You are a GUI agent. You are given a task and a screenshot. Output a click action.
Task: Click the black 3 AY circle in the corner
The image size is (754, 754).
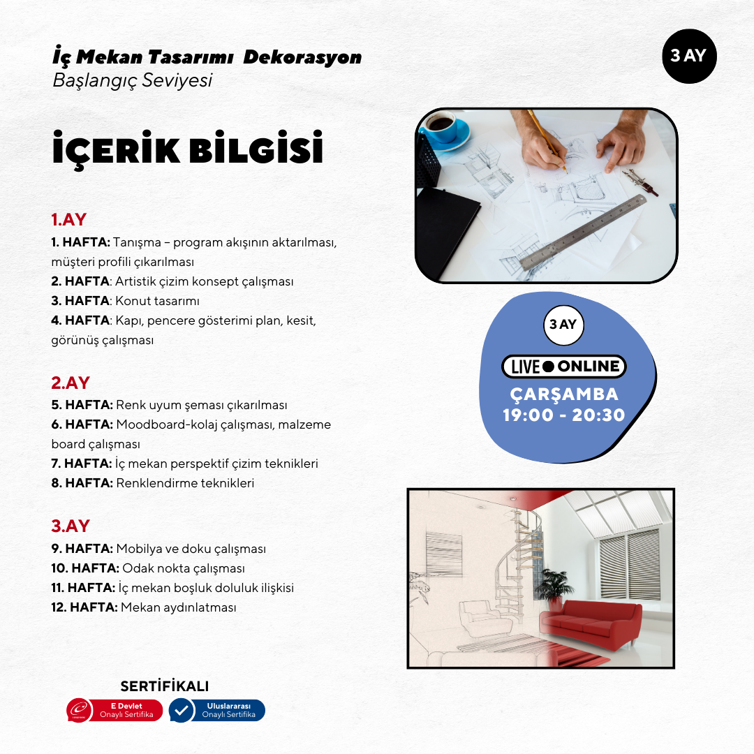pyautogui.click(x=688, y=56)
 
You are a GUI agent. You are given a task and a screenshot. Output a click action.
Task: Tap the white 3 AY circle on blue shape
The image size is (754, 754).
pyautogui.click(x=563, y=325)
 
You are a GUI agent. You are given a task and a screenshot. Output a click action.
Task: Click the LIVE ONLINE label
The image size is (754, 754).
pyautogui.click(x=564, y=367)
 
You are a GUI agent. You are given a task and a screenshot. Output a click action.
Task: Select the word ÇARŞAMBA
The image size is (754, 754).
pyautogui.click(x=564, y=394)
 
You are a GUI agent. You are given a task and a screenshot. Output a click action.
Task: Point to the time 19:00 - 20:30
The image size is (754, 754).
pyautogui.click(x=564, y=415)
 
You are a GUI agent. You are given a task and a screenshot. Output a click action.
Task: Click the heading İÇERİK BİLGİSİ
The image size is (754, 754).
pyautogui.click(x=188, y=149)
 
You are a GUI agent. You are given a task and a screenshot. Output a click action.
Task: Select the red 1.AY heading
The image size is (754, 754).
pyautogui.click(x=68, y=219)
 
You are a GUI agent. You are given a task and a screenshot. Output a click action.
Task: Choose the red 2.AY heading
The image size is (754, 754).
pyautogui.click(x=70, y=383)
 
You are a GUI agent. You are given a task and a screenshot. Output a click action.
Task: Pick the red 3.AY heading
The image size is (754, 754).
pyautogui.click(x=70, y=526)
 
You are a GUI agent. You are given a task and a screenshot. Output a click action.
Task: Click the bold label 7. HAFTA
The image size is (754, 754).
pyautogui.click(x=81, y=464)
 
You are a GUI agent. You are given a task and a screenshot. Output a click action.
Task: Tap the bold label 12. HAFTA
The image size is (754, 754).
pyautogui.click(x=84, y=607)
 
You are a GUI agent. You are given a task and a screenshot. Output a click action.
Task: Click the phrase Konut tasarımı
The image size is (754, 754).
pyautogui.click(x=158, y=302)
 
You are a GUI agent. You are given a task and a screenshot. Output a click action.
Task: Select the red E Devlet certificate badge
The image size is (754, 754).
pyautogui.click(x=114, y=711)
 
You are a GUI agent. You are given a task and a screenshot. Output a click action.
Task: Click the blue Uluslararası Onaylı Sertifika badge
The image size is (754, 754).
pyautogui.click(x=217, y=711)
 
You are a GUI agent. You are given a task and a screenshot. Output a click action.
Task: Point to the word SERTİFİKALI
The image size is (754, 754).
pyautogui.click(x=165, y=686)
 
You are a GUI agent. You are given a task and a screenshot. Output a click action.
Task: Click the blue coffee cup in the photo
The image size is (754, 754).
pyautogui.click(x=445, y=131)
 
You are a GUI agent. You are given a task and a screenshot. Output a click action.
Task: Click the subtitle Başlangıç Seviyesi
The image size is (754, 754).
pyautogui.click(x=132, y=80)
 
